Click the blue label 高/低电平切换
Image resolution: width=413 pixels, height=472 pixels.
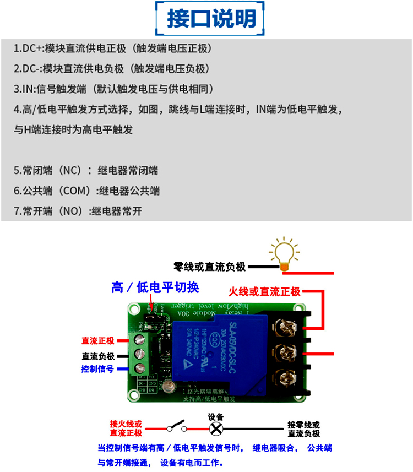pyautogui.click(x=155, y=287)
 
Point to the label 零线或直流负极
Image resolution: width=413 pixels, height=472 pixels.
pyautogui.click(x=209, y=267)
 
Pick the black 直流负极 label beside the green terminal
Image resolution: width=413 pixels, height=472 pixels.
pyautogui.click(x=97, y=355)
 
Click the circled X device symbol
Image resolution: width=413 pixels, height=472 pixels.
pyautogui.click(x=217, y=428)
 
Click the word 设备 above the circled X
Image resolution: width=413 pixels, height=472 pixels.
pyautogui.click(x=216, y=417)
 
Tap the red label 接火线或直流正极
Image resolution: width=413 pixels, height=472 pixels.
pyautogui.click(x=126, y=428)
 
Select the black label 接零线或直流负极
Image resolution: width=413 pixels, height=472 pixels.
pyautogui.click(x=303, y=429)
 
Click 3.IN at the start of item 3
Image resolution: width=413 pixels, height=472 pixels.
pyautogui.click(x=24, y=89)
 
